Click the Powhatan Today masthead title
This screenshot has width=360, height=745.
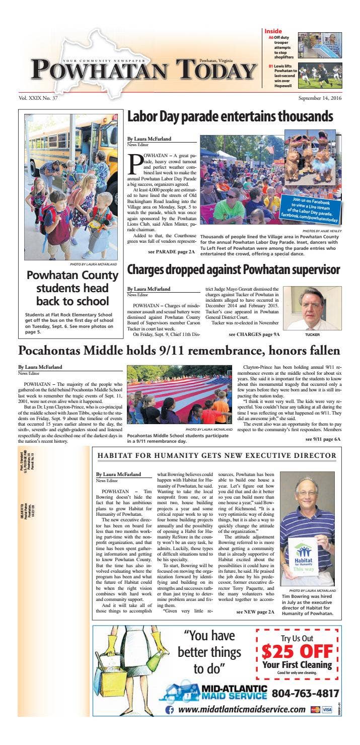click(143, 69)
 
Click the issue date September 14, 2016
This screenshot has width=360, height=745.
click(320, 98)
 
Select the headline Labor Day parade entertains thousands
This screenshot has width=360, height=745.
click(230, 117)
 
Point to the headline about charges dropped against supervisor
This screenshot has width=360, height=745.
click(233, 269)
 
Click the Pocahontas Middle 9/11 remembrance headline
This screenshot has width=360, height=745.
click(179, 351)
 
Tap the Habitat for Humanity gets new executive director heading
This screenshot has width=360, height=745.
click(217, 456)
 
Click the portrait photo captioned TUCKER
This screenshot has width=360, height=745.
click(305, 308)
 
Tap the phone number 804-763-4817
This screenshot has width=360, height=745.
click(305, 694)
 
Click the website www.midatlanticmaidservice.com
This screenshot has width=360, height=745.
click(242, 709)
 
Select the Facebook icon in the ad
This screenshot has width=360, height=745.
click(170, 709)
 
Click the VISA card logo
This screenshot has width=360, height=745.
click(327, 709)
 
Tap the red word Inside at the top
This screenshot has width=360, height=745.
click(273, 31)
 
